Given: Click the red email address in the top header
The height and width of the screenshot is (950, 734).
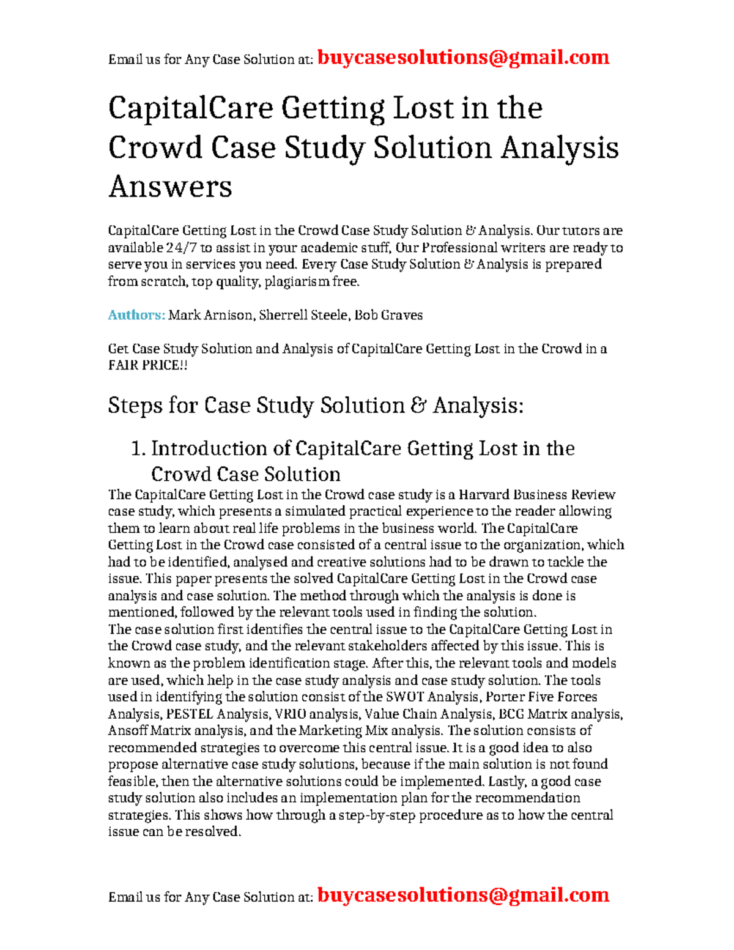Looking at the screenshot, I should (x=463, y=58).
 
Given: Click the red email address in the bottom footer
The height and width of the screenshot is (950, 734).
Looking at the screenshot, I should (x=463, y=895).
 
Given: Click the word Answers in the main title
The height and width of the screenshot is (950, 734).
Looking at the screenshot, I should (x=170, y=186).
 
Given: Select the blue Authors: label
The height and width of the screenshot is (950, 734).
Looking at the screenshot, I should (x=136, y=315).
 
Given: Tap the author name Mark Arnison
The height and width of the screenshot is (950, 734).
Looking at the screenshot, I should (x=210, y=315).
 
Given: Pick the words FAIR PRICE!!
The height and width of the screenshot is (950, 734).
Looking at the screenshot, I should (x=147, y=365).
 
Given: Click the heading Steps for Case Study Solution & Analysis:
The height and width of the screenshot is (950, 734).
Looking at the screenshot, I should (x=316, y=405).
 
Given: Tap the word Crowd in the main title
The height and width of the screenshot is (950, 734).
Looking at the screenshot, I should (x=155, y=147).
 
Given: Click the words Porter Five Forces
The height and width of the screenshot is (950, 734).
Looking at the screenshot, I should (x=541, y=697).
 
